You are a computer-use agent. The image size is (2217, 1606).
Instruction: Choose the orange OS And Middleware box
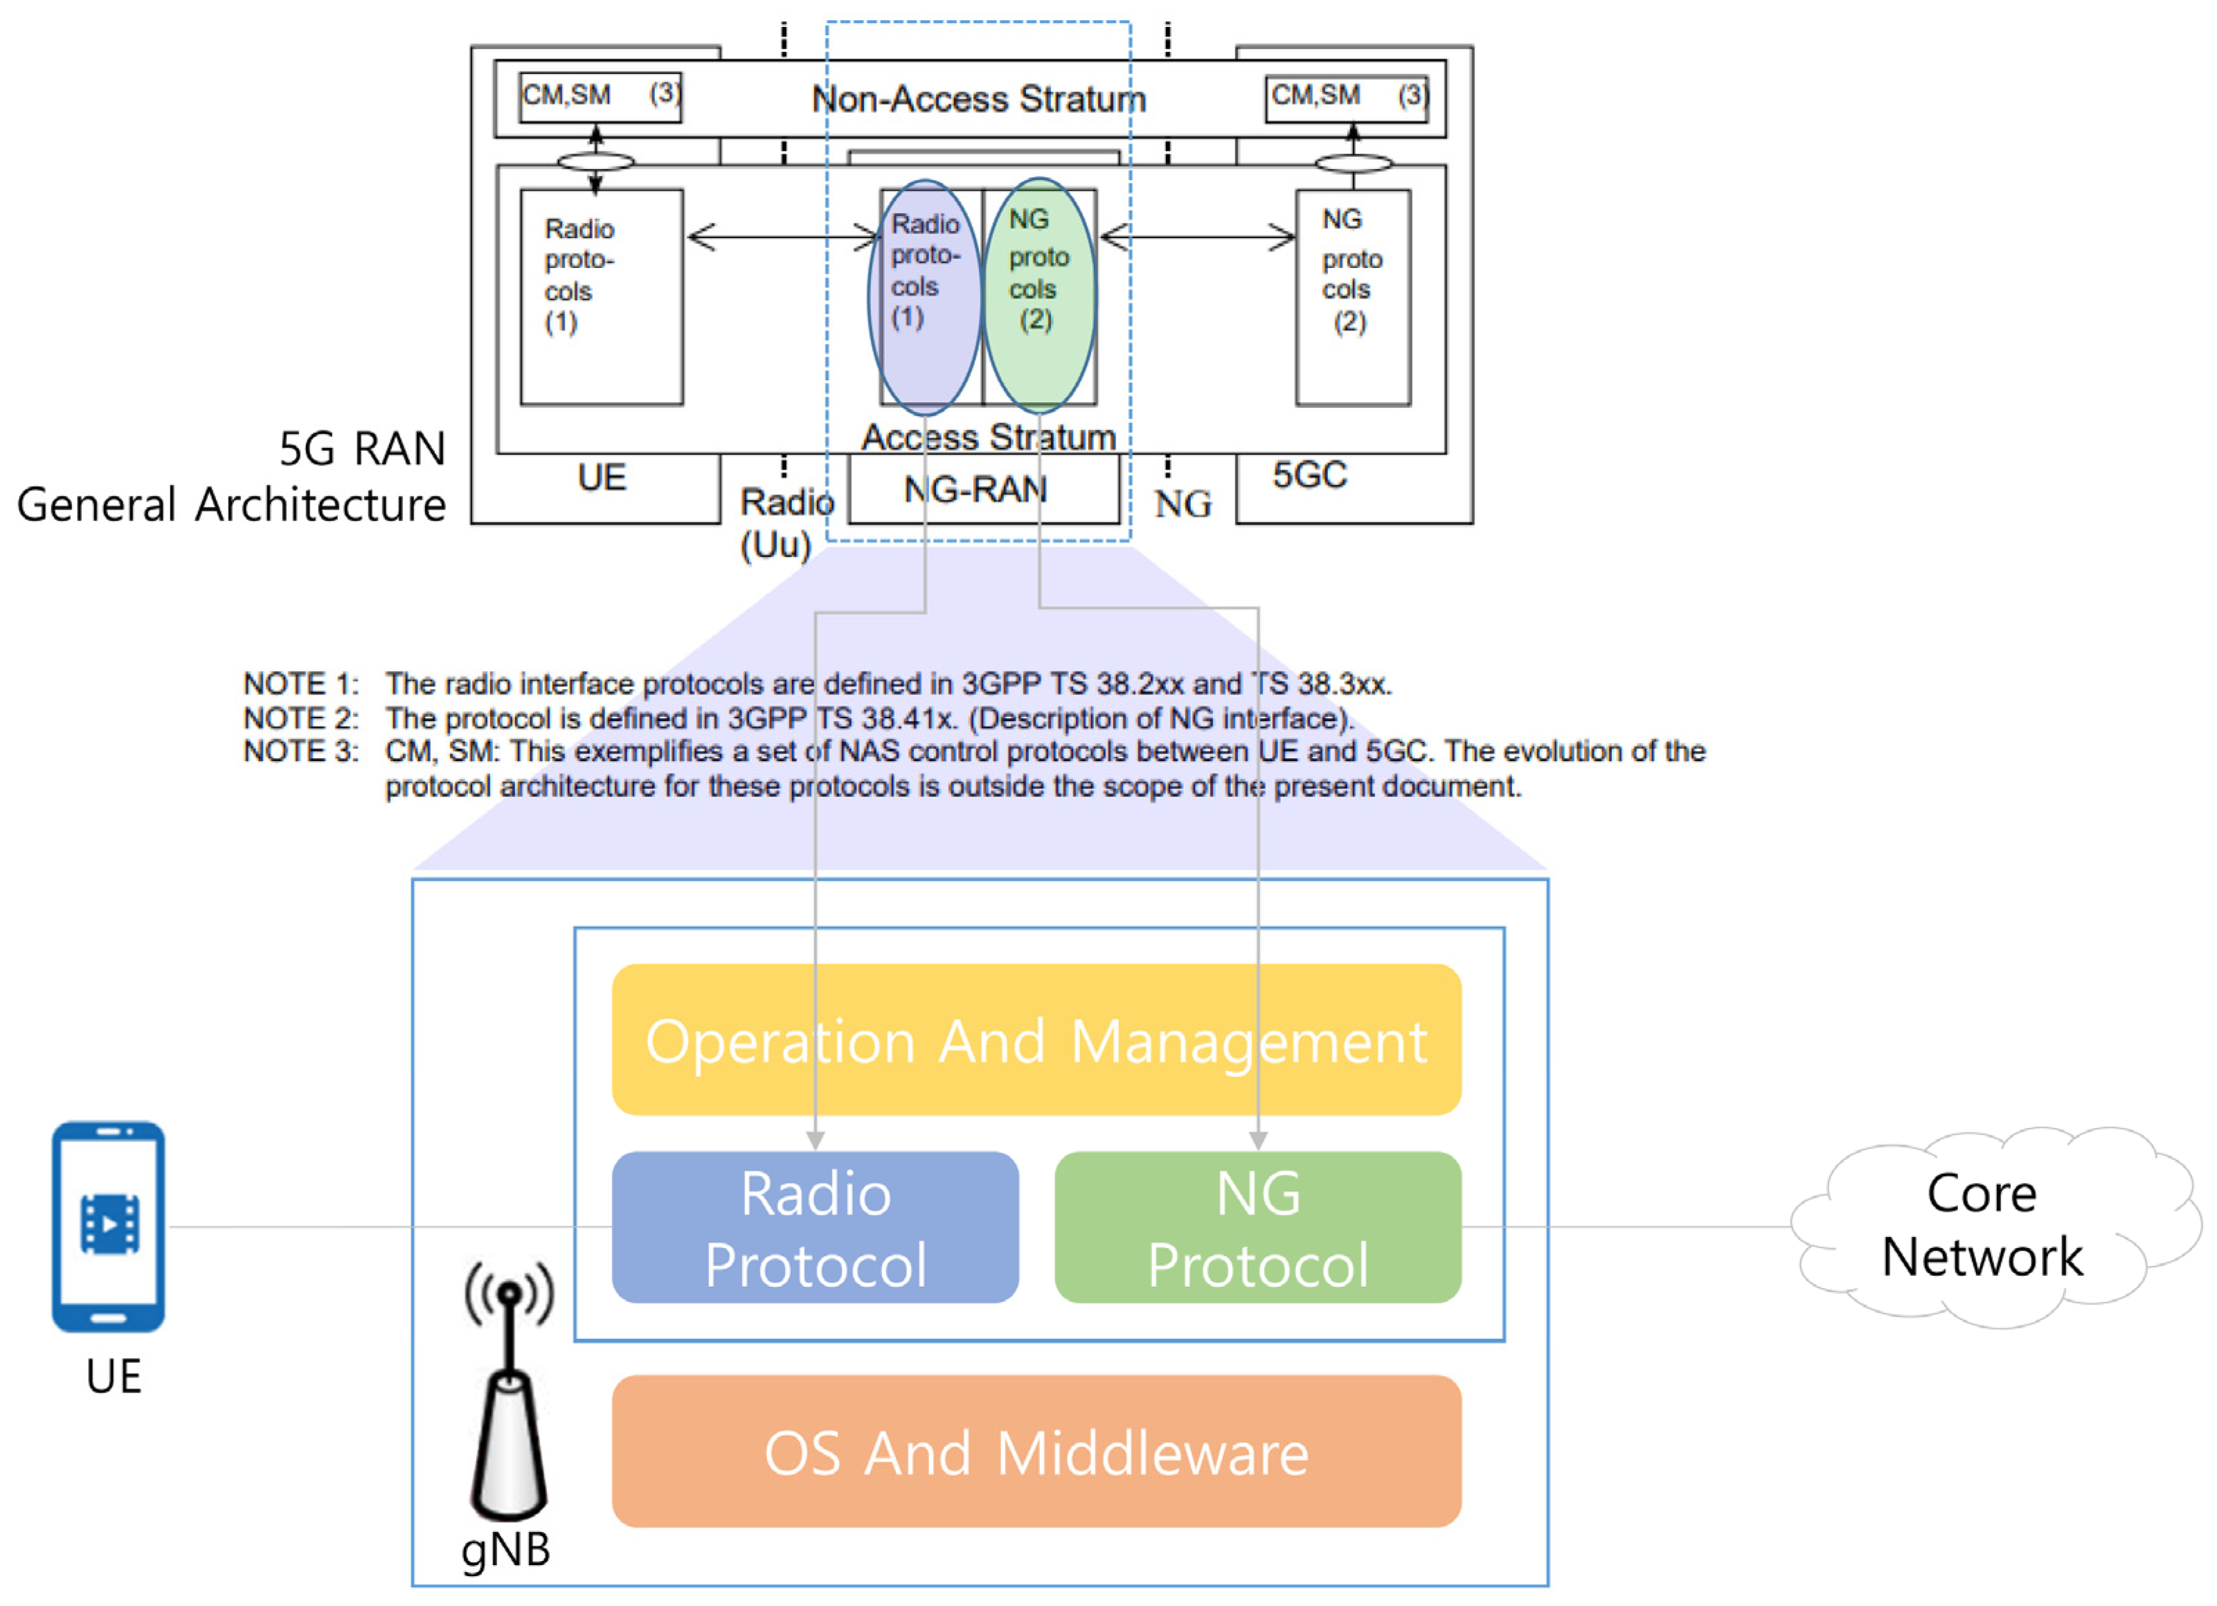tap(1036, 1452)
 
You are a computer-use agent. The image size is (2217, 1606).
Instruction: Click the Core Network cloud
tap(1984, 1226)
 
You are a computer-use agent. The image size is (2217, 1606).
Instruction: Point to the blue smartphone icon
tap(109, 1226)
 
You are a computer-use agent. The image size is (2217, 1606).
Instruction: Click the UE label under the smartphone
tap(114, 1376)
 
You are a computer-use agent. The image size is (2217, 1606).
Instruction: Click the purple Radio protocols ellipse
tap(925, 297)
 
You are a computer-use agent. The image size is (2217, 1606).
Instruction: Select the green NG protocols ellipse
tap(1039, 295)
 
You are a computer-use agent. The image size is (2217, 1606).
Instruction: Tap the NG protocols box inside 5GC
tap(1353, 297)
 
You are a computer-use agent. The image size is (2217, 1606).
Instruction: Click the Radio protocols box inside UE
tap(601, 297)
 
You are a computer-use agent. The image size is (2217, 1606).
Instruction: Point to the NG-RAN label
tap(976, 489)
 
